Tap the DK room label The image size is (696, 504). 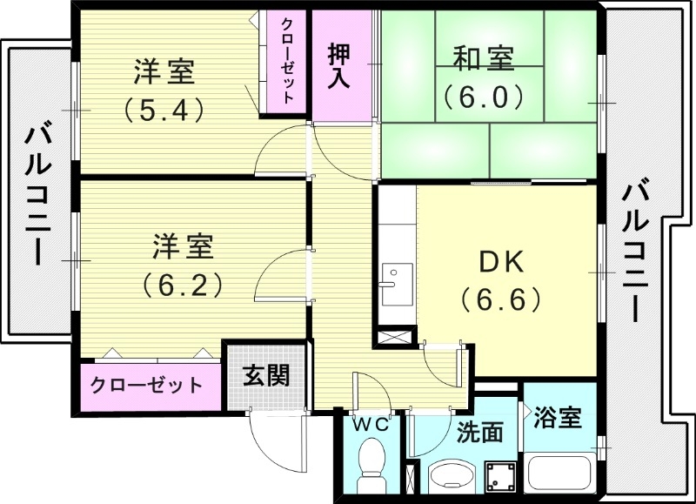(501, 262)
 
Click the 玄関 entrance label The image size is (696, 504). (264, 376)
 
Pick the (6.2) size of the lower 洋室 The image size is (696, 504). (183, 285)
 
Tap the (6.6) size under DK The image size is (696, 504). (501, 300)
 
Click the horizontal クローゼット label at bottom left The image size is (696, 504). (146, 385)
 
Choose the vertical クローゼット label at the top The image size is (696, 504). (288, 59)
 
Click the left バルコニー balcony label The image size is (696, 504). (37, 193)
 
